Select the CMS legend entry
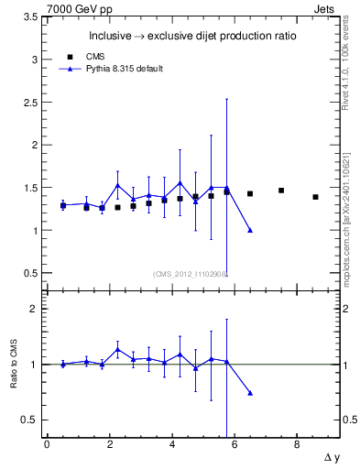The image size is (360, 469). tap(93, 56)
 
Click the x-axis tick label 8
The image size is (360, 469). tap(297, 444)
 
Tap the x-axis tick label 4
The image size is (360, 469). tap(171, 444)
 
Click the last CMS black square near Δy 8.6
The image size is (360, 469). tap(315, 197)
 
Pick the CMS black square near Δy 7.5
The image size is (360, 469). tap(281, 191)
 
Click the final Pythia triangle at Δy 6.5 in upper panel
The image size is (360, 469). tap(250, 230)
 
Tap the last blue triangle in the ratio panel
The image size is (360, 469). tap(250, 393)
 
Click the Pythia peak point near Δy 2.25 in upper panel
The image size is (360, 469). tap(117, 185)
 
